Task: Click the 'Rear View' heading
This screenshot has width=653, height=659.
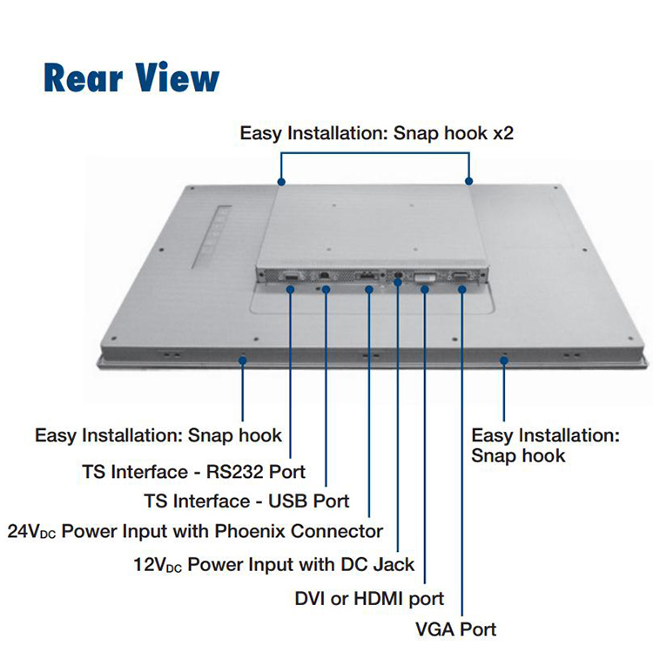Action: [131, 77]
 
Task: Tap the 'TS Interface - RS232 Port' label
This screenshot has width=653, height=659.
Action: [193, 472]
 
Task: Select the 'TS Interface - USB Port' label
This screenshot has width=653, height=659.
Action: [246, 501]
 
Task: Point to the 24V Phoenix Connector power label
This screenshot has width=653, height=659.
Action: [195, 530]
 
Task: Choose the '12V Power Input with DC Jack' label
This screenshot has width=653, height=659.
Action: [273, 564]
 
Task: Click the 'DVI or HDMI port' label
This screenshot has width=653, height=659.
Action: [370, 598]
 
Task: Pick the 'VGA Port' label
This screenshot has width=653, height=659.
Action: [457, 629]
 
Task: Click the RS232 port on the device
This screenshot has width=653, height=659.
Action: [289, 278]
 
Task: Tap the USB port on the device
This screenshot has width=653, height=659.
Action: [325, 276]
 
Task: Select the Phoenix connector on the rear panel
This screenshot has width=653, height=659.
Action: [368, 278]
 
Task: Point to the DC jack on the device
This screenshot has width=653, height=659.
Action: [398, 276]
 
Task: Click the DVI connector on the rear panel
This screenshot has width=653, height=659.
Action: [425, 278]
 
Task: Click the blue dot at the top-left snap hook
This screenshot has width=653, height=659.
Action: [281, 182]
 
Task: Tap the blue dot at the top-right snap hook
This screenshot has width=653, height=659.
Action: [469, 181]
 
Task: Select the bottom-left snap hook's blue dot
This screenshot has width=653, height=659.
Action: [242, 359]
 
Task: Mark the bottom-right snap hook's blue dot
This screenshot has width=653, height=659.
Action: [504, 359]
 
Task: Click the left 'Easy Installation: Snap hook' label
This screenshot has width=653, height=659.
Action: [158, 435]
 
